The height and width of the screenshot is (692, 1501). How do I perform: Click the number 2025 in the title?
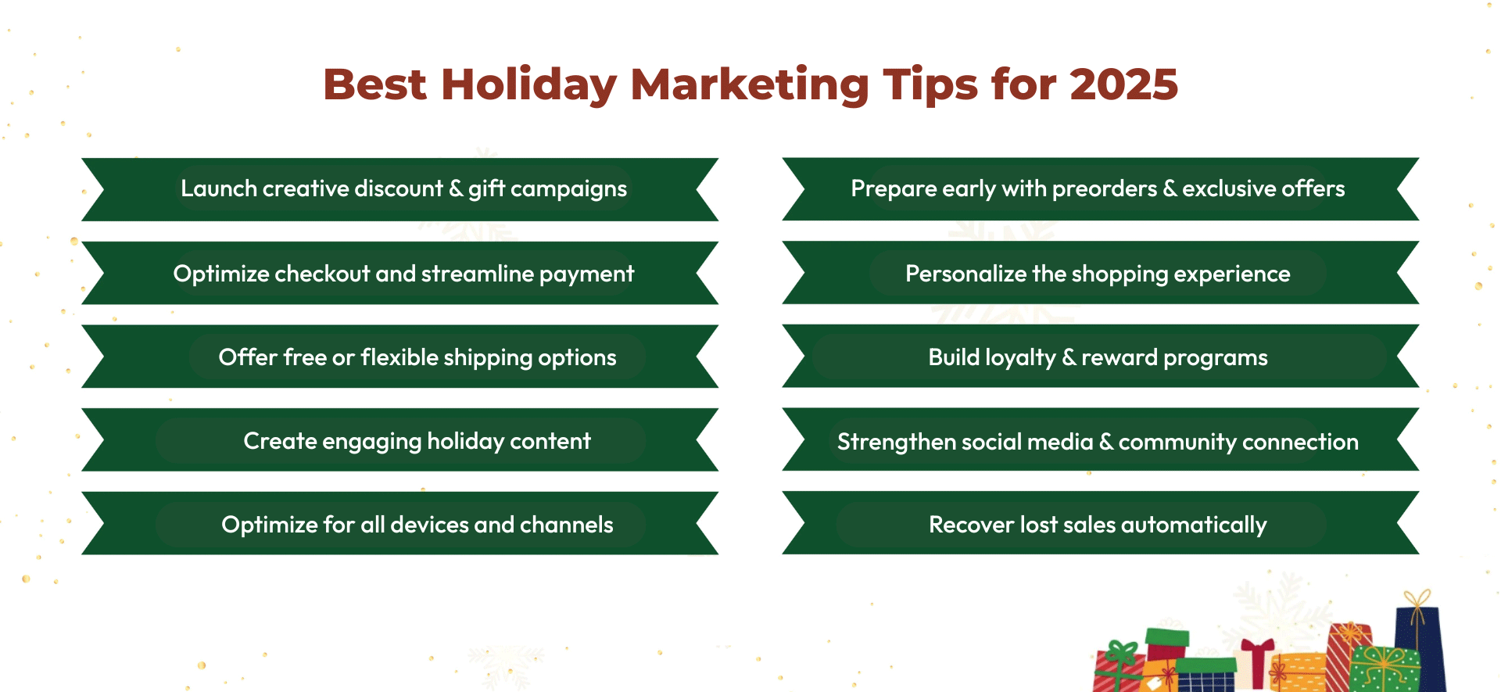click(x=1123, y=84)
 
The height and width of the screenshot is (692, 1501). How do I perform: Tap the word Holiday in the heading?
click(x=529, y=84)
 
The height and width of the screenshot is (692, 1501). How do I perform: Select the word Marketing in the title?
click(x=749, y=84)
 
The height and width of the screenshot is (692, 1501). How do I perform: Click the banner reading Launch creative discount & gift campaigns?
click(x=403, y=189)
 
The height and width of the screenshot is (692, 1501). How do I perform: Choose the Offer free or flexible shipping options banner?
click(x=417, y=357)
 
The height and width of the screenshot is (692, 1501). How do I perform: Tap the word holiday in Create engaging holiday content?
click(x=465, y=441)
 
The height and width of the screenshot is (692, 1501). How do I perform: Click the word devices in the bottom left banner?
click(x=429, y=525)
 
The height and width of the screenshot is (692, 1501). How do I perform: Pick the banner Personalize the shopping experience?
click(x=1098, y=274)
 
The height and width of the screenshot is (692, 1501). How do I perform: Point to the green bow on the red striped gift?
click(x=1123, y=653)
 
